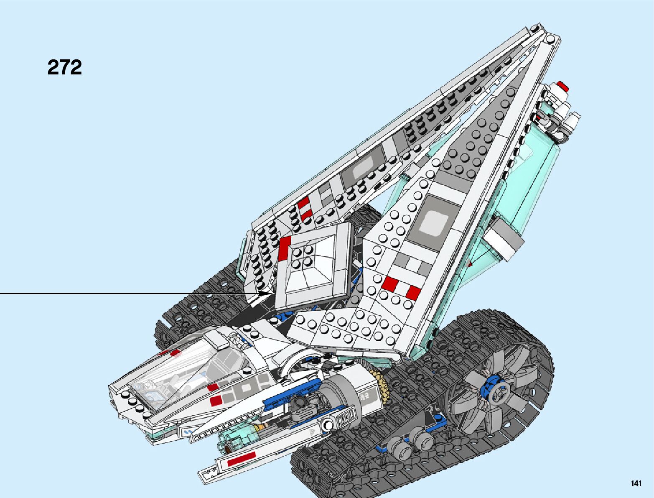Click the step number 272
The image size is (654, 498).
pyautogui.click(x=65, y=67)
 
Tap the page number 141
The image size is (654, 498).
pyautogui.click(x=636, y=484)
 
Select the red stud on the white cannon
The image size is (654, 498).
pyautogui.click(x=564, y=87)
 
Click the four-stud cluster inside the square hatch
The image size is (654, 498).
pyautogui.click(x=303, y=256)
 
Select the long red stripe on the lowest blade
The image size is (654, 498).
pyautogui.click(x=241, y=459)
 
